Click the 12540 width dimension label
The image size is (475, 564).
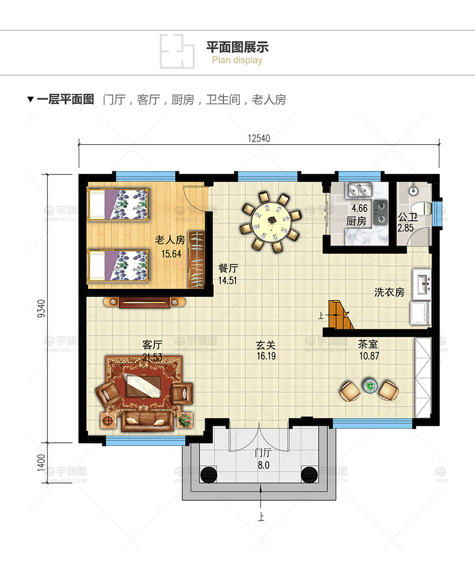coord(258,138)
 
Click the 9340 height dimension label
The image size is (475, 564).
coord(41,308)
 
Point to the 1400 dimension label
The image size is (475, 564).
coord(41,462)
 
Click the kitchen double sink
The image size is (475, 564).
coord(360,190)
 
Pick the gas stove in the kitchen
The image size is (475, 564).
coord(380,212)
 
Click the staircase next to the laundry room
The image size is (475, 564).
coord(340,315)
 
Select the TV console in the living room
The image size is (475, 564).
coord(144,302)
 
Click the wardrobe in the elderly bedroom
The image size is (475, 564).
coord(196,259)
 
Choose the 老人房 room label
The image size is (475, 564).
coord(170,240)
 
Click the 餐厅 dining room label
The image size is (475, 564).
coord(228,268)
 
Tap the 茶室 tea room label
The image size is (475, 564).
coord(368,344)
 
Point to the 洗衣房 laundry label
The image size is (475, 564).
coord(389,292)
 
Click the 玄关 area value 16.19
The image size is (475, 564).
coord(266,356)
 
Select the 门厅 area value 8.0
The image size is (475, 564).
coord(263,465)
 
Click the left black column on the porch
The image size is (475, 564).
coord(209,474)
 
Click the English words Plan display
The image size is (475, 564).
coord(237,60)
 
